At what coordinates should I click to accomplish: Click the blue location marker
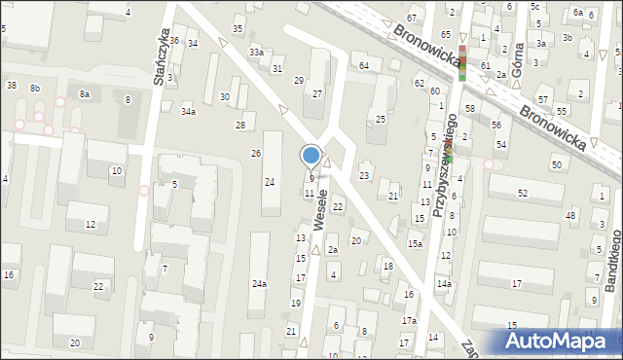point(311,155)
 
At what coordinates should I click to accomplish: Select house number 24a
point(259,284)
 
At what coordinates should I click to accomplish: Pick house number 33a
point(256,52)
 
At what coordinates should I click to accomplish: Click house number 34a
point(188,112)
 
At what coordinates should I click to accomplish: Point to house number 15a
point(416,243)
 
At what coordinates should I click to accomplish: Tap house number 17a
point(410,320)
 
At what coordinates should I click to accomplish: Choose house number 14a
point(444,283)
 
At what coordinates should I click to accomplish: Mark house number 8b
point(35,89)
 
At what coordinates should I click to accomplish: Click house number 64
point(364,65)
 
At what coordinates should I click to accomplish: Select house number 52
point(522,194)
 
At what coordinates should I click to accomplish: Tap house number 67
point(412,18)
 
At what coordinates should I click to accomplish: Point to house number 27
point(317,93)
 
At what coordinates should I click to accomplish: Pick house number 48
point(570,214)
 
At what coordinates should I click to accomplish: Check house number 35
point(238,29)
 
